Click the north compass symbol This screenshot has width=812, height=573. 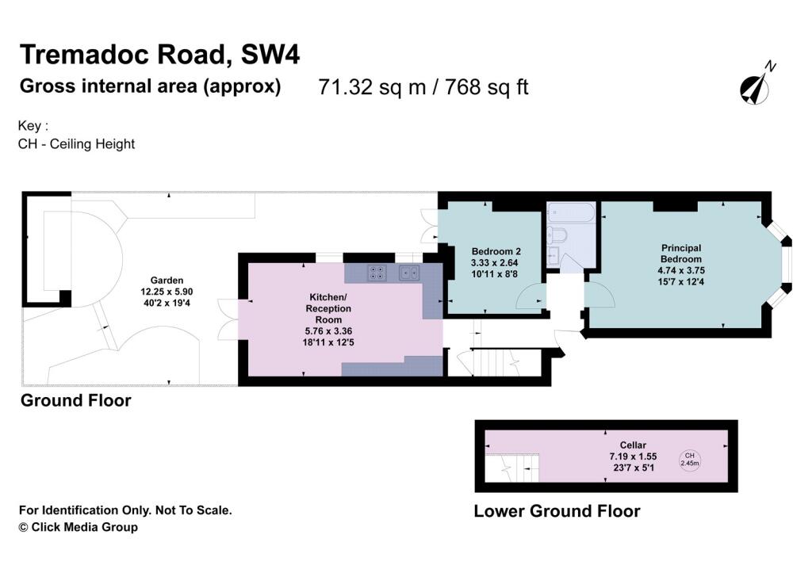coord(756,86)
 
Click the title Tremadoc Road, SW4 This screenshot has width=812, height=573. coord(159,55)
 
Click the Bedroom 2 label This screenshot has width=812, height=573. coord(496,251)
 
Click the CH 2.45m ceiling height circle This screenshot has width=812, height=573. coord(689,460)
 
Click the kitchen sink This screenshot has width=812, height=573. coord(410,273)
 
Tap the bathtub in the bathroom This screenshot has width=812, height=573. coord(569,213)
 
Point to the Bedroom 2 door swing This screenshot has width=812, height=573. coord(530,296)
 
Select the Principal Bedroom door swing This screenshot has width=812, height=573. coord(599,296)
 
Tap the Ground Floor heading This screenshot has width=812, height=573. coord(75,400)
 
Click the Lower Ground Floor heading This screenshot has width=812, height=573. coord(557,511)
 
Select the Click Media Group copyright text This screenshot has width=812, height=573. coord(78,527)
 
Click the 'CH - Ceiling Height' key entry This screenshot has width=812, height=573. coord(76,143)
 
